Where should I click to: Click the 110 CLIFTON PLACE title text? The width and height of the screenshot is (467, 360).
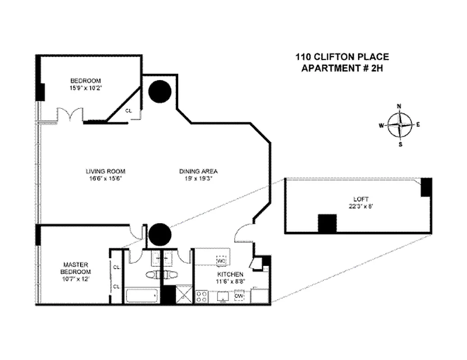[x=342, y=57]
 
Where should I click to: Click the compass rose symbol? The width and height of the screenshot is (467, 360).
[x=400, y=125]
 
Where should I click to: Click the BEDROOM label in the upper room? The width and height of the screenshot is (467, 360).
[x=86, y=81]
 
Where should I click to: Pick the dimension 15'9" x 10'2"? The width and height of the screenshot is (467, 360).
[x=86, y=88]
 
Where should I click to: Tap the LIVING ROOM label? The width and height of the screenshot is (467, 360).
[x=105, y=171]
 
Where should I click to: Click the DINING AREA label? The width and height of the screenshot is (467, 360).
[x=199, y=171]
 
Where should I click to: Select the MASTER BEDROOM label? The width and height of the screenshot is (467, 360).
[x=76, y=268]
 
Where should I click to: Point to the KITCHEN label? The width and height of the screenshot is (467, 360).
[x=231, y=274]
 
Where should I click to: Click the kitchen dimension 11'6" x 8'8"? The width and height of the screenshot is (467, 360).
[x=231, y=281]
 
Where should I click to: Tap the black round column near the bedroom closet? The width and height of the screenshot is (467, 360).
[x=160, y=91]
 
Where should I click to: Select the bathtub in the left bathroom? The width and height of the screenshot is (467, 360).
[x=142, y=296]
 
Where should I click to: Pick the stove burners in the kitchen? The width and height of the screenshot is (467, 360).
[x=202, y=297]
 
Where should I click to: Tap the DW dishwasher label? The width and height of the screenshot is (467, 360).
[x=239, y=296]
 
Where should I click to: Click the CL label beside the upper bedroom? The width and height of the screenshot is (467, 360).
[x=128, y=110]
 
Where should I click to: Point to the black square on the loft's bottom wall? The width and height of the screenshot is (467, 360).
[x=327, y=223]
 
